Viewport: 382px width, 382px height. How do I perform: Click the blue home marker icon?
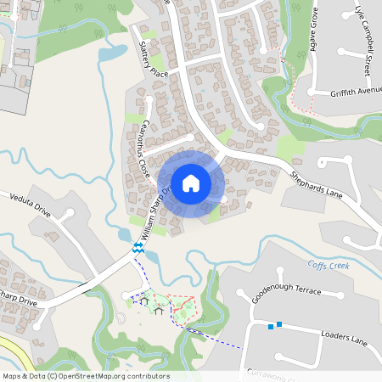(x=191, y=183)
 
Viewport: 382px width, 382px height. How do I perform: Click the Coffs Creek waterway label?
(x=329, y=265)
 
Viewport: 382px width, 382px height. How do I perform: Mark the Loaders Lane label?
(x=344, y=338)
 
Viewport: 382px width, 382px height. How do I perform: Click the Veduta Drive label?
(x=31, y=204)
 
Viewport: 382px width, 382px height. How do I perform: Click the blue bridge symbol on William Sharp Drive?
(x=137, y=247)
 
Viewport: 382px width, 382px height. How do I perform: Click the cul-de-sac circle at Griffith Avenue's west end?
(x=312, y=93)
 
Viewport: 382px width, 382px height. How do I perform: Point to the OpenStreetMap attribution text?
(x=85, y=376)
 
